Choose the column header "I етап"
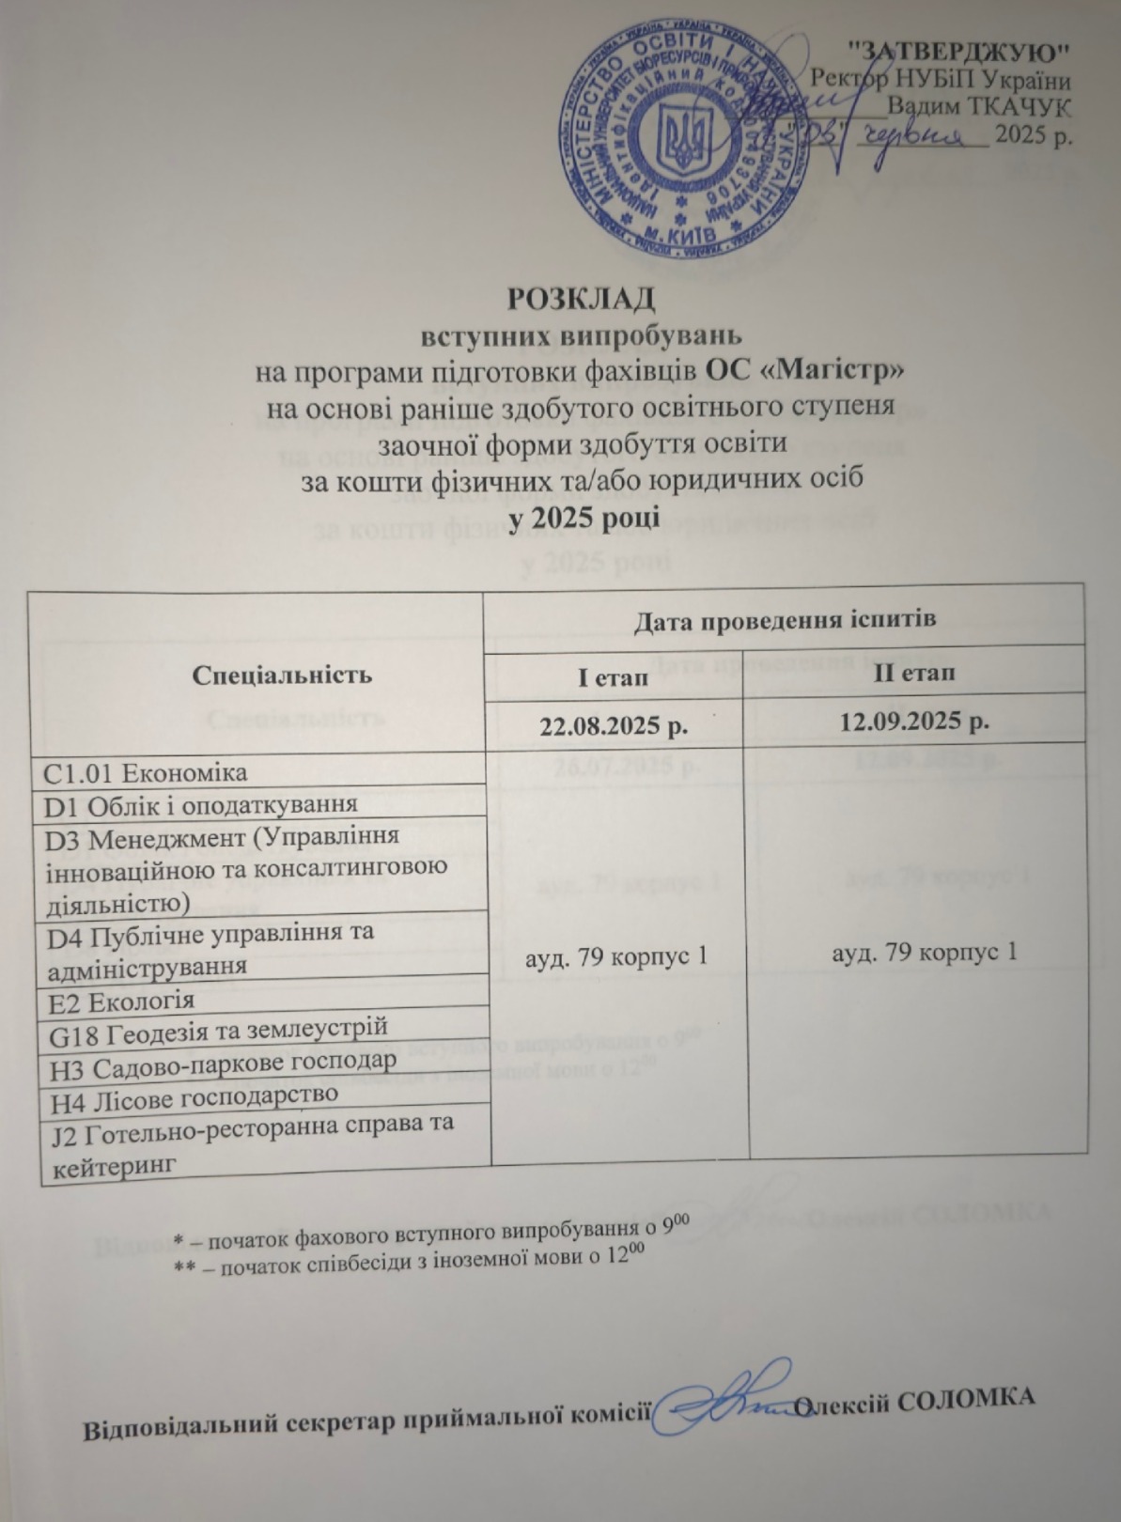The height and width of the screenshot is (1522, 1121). pos(612,676)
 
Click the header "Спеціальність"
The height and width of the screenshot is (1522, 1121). pos(256,674)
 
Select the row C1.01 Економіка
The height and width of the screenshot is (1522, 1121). pos(147,772)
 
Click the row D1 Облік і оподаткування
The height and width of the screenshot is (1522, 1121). pos(201,804)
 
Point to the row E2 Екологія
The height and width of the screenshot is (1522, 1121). pos(119,1001)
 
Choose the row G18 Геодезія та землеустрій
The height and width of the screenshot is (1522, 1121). pos(217,1029)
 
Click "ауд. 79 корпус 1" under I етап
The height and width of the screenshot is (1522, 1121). pos(616,956)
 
